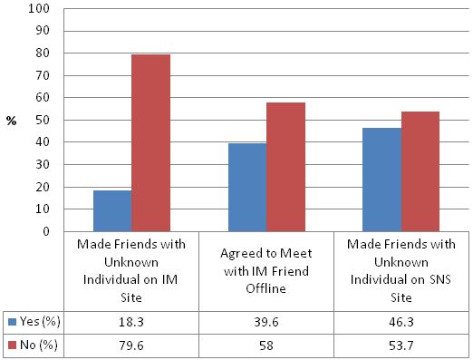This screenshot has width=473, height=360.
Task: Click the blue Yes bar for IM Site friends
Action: click(111, 210)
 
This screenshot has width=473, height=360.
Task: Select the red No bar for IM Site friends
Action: click(150, 142)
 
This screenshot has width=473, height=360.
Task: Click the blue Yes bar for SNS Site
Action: click(381, 180)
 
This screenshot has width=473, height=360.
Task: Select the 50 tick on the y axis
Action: click(41, 120)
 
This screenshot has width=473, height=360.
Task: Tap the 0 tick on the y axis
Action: click(44, 231)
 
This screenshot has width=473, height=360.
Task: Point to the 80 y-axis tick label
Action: click(41, 54)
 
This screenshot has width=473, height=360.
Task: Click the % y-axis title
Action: click(11, 121)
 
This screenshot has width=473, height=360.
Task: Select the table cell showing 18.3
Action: click(130, 320)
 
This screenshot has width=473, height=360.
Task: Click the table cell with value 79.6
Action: click(130, 344)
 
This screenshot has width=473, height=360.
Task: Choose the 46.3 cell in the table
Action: click(401, 320)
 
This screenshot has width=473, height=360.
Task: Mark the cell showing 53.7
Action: click(401, 344)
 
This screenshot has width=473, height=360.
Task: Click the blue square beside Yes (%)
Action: click(11, 321)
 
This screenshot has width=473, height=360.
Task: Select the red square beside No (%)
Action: click(11, 345)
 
